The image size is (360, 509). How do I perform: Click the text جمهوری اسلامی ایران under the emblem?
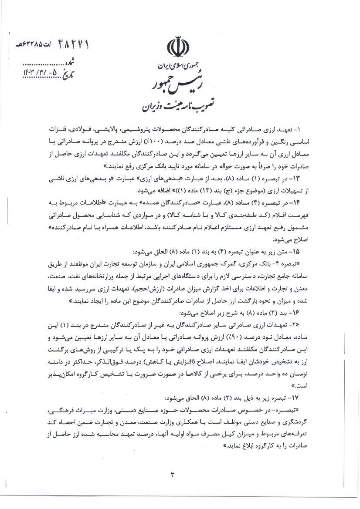tap(178, 67)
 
